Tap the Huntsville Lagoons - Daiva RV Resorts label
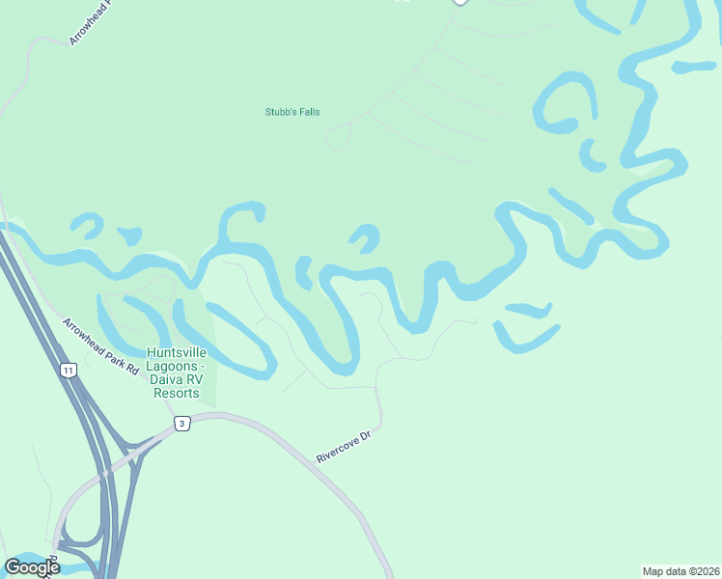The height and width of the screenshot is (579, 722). [176, 372]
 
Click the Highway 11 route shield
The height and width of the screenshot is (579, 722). [68, 370]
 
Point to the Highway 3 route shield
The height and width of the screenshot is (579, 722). [180, 424]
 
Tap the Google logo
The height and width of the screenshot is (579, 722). [32, 566]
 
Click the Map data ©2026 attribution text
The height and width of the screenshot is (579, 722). [680, 571]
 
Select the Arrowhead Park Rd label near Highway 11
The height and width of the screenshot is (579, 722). [101, 346]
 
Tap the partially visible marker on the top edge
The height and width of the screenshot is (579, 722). [460, 2]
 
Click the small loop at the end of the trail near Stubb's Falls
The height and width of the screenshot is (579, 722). [337, 139]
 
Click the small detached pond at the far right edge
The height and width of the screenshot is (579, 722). [693, 68]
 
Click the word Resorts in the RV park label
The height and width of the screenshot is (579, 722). [176, 393]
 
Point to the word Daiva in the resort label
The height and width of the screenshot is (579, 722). [170, 380]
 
